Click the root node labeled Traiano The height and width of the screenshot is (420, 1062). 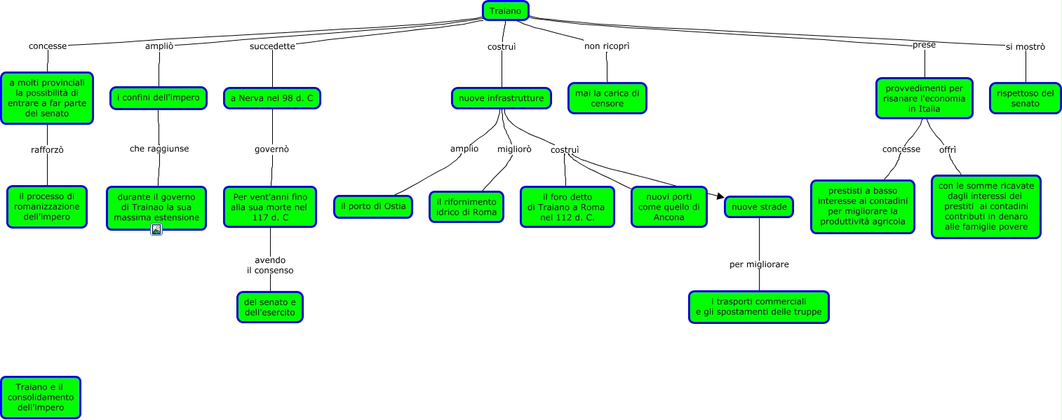505,11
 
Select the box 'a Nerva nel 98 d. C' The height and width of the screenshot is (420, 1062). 272,98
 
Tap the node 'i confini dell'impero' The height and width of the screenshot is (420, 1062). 159,98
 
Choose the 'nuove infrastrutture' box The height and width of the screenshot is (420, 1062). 501,98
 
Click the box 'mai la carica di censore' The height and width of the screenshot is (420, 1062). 607,98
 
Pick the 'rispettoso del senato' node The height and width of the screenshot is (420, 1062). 1025,98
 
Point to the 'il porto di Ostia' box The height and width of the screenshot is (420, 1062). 372,206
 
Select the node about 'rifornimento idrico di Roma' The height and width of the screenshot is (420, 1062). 466,207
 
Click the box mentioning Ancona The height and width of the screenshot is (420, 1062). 668,207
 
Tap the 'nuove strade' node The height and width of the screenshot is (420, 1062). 759,207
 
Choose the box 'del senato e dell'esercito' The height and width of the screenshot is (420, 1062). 270,307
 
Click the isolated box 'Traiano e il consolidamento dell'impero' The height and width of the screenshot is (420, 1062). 40,397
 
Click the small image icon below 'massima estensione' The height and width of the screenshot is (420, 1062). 156,229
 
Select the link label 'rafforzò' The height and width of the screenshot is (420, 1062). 48,149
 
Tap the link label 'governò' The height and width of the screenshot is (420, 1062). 271,149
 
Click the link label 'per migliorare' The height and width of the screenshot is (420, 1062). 759,264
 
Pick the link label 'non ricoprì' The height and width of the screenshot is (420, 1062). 607,46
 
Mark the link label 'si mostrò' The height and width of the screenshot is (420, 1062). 1025,47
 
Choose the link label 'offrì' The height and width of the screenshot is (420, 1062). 948,149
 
